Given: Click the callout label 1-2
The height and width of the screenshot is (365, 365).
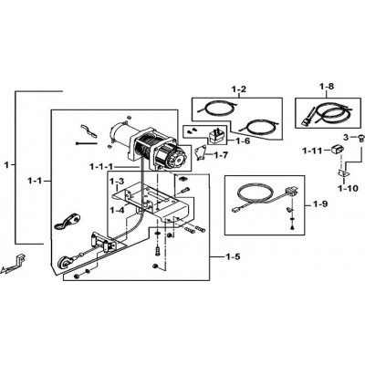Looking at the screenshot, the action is click(238, 89).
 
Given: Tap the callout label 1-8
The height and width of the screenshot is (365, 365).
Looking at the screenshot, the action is click(327, 87).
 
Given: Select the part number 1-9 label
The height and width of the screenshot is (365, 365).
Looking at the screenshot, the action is click(320, 203).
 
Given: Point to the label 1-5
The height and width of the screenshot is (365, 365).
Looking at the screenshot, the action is click(233, 257).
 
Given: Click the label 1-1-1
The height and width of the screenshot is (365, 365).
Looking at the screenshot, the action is click(101, 167).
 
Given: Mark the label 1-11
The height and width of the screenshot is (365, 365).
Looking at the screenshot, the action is click(312, 151).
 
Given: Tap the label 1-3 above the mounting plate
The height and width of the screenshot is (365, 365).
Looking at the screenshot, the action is click(117, 182).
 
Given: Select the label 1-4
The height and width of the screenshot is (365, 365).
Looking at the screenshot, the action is click(118, 210).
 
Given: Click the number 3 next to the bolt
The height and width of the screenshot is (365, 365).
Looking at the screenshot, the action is click(346, 137).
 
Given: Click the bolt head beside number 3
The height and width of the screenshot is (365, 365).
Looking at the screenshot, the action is click(360, 137).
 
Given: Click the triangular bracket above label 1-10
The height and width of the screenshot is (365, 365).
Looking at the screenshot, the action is click(343, 174).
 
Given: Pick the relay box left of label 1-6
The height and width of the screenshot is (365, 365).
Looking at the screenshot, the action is click(216, 136).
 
